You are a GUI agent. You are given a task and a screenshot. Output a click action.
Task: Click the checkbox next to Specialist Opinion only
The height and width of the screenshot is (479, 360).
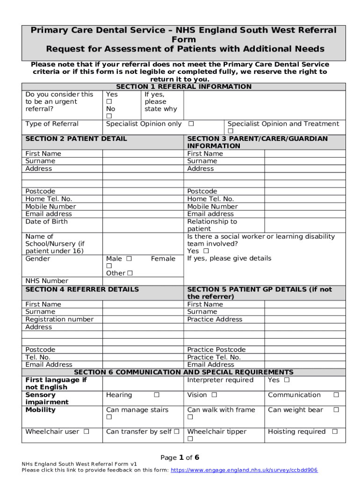[191, 124]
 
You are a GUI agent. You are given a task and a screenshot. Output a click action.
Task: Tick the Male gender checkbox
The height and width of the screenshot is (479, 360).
[129, 259]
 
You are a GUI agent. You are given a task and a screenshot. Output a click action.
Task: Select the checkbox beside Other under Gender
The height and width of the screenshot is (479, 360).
[130, 273]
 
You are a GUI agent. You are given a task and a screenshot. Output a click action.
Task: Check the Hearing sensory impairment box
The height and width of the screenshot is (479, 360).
[157, 395]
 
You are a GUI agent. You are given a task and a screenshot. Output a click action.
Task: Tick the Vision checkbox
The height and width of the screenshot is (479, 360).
[214, 395]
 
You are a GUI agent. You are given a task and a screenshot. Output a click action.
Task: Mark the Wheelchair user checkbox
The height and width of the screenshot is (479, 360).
[86, 432]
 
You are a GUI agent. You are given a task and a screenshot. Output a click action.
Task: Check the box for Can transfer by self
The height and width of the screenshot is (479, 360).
[176, 432]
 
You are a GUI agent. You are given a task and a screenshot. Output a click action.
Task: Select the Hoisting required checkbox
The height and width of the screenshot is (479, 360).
[334, 432]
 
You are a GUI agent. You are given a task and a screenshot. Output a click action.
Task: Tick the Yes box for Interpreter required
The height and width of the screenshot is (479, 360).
[287, 380]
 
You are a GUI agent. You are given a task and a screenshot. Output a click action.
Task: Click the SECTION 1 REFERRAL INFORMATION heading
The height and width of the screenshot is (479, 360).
[183, 87]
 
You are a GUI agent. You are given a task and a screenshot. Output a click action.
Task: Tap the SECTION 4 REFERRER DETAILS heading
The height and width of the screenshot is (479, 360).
[82, 290]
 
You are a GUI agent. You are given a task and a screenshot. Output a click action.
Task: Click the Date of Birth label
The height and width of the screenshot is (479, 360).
[46, 221]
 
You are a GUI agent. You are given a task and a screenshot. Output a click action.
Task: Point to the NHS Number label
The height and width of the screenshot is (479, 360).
[46, 281]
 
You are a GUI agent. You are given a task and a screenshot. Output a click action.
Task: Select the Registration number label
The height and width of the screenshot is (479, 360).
[59, 319]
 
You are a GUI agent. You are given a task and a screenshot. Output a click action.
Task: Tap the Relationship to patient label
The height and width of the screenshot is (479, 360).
[212, 225]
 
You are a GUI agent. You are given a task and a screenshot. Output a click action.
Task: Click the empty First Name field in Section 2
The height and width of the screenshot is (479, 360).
[143, 153]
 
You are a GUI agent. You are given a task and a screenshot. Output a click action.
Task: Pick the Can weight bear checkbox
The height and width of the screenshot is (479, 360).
[335, 410]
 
